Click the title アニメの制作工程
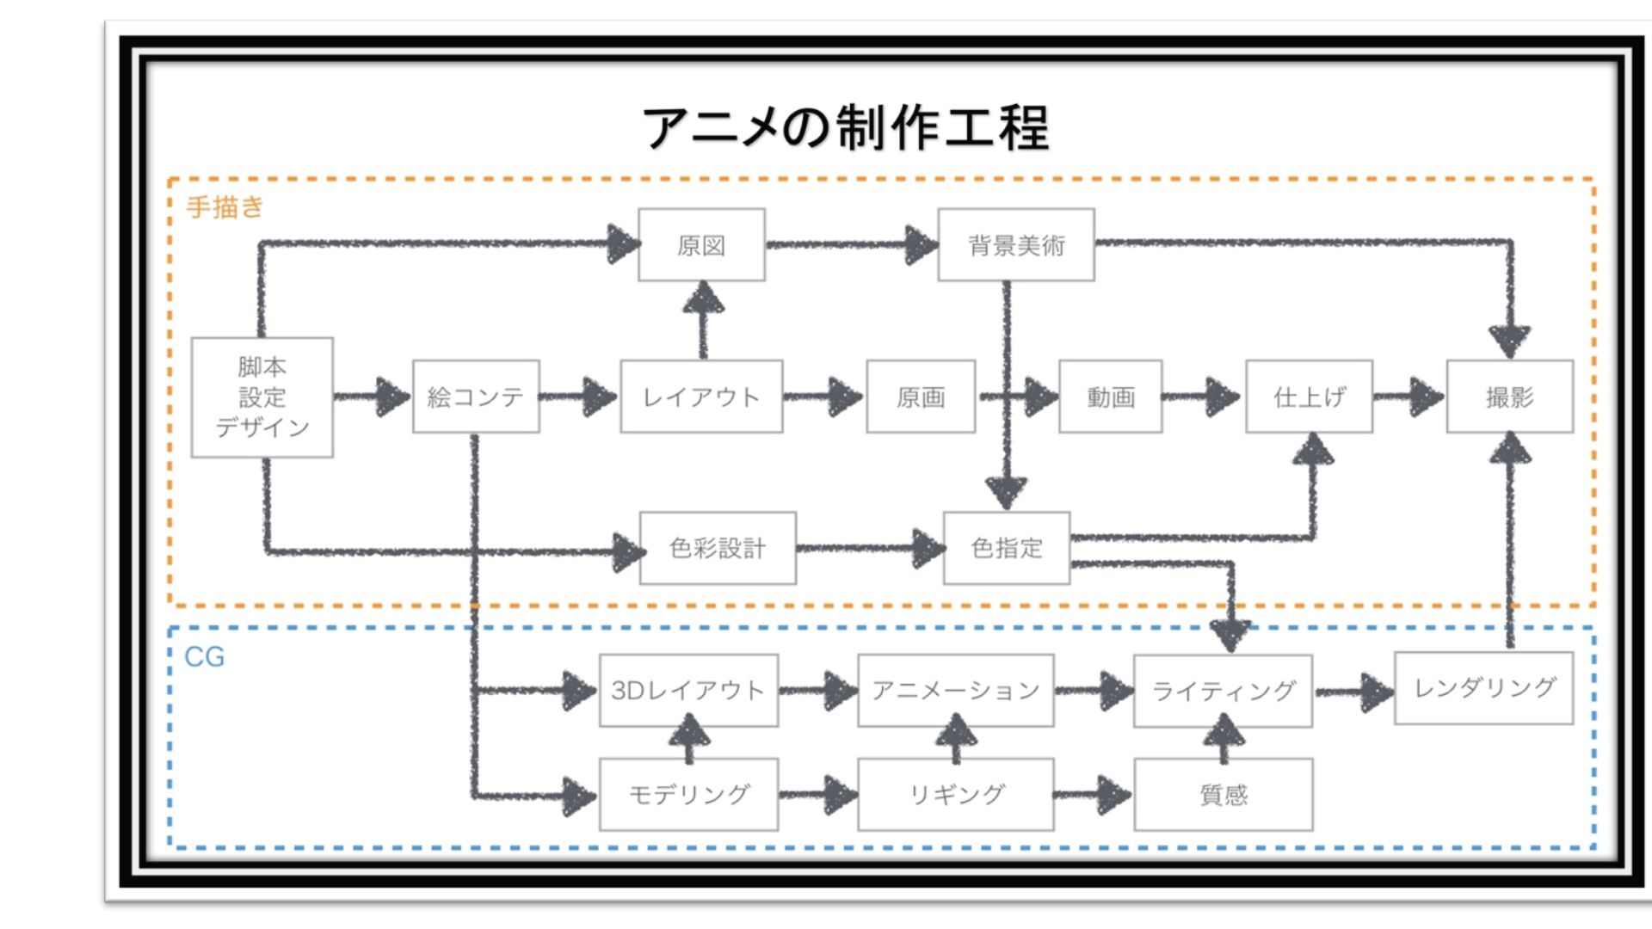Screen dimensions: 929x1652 845,127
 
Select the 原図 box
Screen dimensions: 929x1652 701,245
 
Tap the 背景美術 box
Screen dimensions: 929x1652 1016,245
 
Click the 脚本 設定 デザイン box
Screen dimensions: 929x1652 262,397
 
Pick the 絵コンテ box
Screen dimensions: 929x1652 476,397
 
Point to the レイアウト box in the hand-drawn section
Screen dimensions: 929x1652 701,397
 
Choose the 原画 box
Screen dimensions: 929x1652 921,397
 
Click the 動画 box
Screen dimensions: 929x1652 1111,397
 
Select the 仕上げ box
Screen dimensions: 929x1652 1309,397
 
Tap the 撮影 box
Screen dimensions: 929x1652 1510,397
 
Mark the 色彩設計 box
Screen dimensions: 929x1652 718,548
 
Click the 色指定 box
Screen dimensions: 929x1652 1007,548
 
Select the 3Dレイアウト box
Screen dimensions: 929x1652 688,690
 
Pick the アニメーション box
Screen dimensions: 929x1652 956,690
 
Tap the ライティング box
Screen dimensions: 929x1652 1223,691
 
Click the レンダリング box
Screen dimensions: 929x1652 1484,687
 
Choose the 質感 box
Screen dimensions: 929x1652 1223,794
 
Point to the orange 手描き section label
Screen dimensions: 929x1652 225,207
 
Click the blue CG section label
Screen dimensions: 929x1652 205,657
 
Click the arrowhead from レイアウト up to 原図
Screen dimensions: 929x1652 703,298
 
